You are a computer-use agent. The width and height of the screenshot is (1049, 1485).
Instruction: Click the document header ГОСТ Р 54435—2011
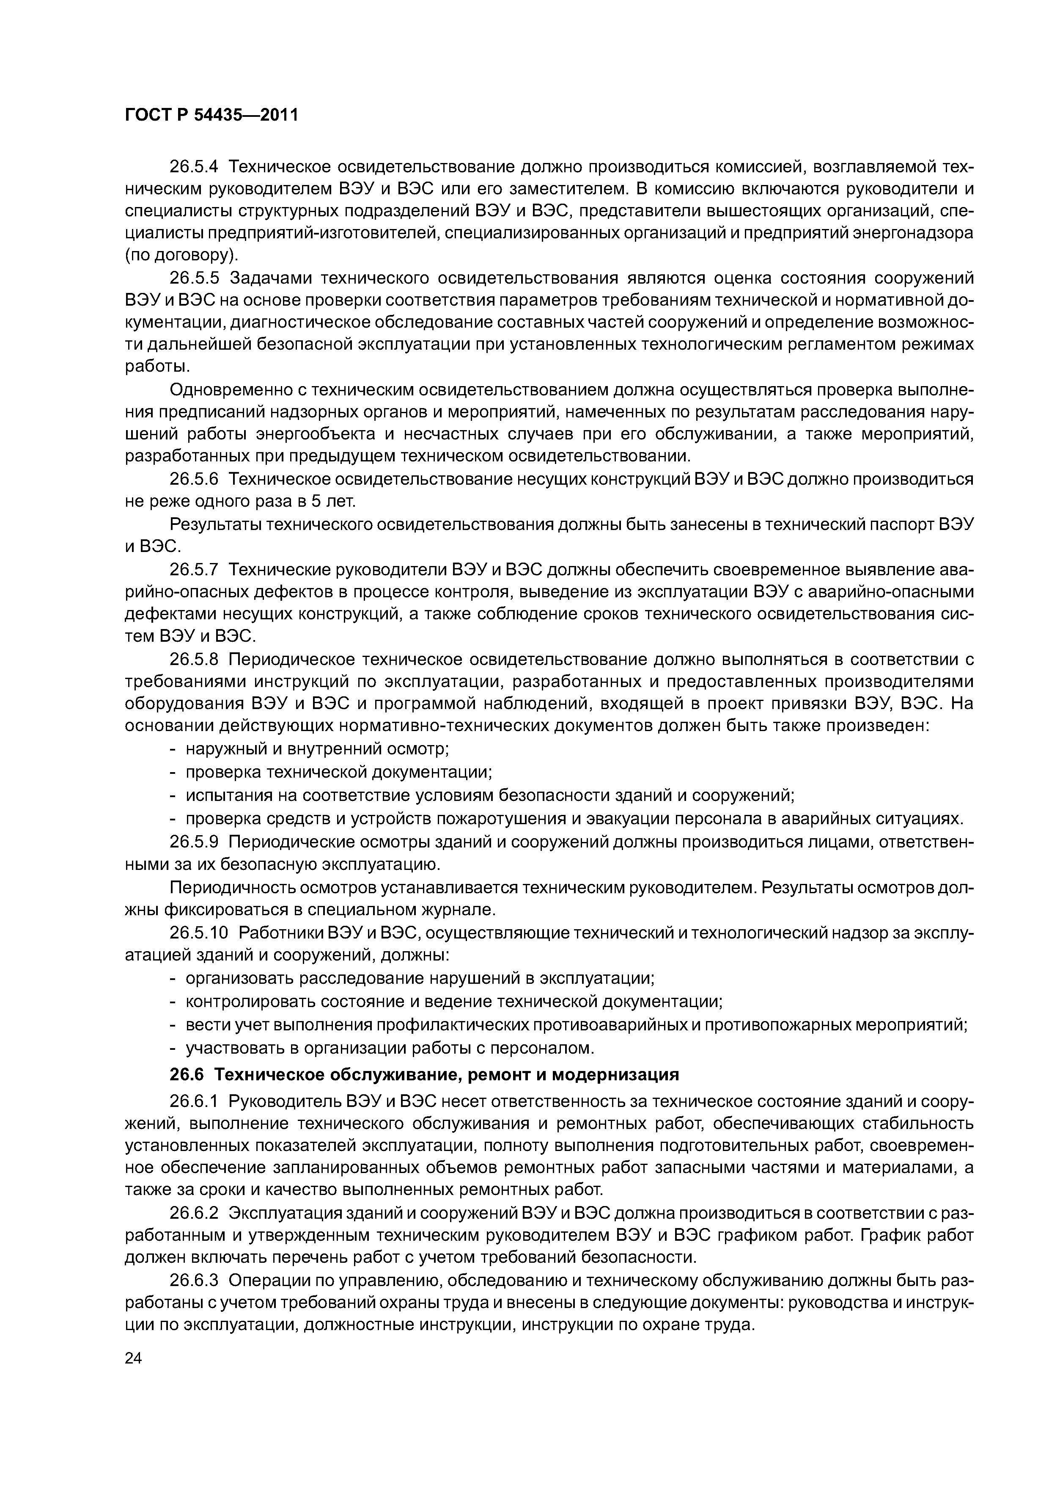211,116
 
